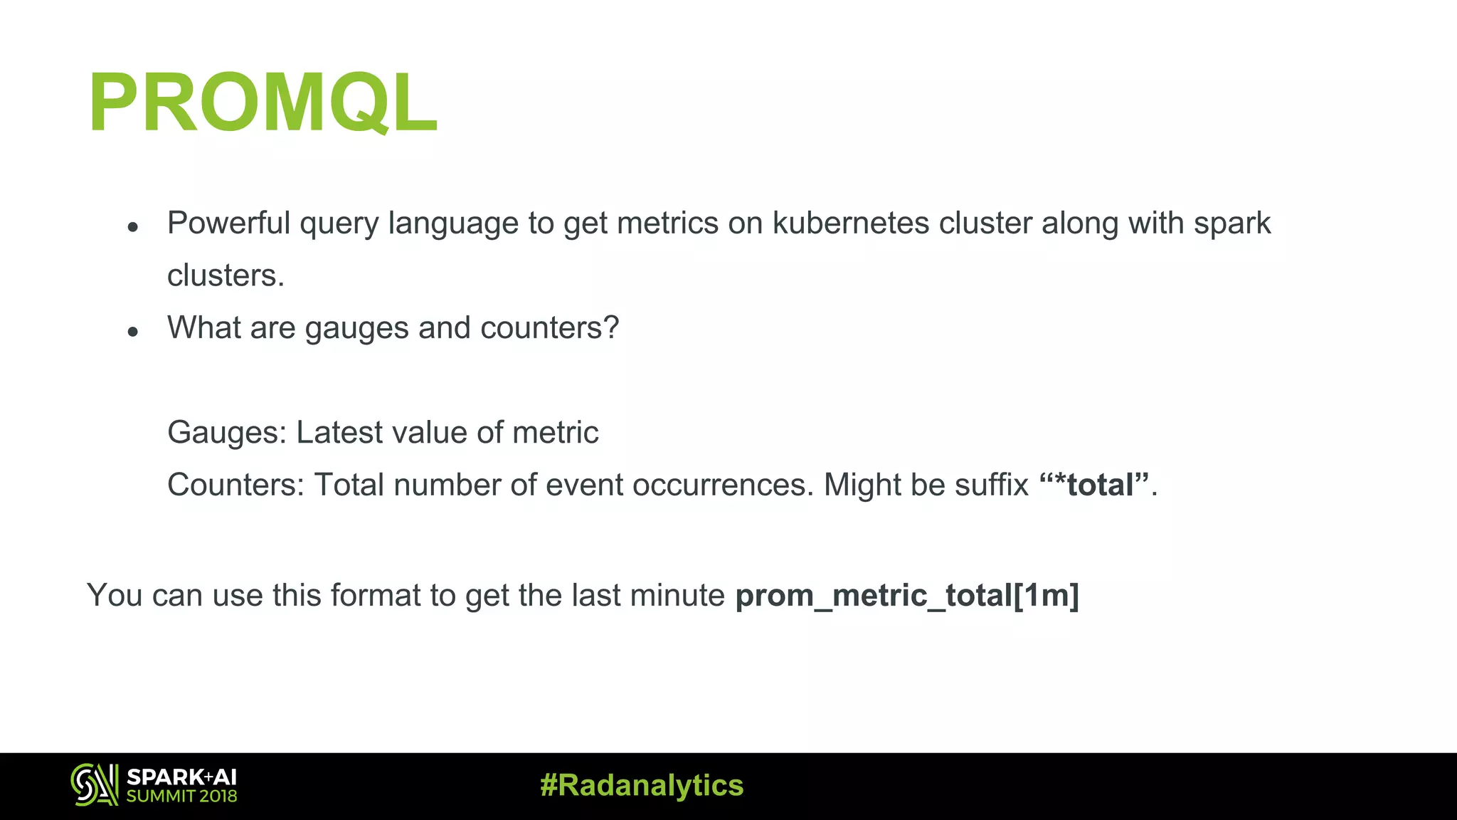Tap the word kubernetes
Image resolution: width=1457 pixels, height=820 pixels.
[851, 224]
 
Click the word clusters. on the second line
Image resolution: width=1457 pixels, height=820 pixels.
[226, 275]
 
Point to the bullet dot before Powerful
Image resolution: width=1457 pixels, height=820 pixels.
[132, 228]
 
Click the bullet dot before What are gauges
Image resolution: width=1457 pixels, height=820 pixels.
[132, 332]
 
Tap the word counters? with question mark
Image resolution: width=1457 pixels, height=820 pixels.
[549, 328]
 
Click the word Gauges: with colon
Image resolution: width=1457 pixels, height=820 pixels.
[226, 433]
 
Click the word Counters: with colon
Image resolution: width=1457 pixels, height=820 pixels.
[235, 485]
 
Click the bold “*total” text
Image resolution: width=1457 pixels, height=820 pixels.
[1094, 485]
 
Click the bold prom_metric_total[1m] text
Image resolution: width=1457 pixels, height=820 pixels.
[907, 596]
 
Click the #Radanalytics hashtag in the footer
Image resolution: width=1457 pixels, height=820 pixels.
[642, 786]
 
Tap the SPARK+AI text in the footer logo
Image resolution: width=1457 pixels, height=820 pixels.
[181, 777]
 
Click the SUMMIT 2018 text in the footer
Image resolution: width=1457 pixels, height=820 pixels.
[181, 797]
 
